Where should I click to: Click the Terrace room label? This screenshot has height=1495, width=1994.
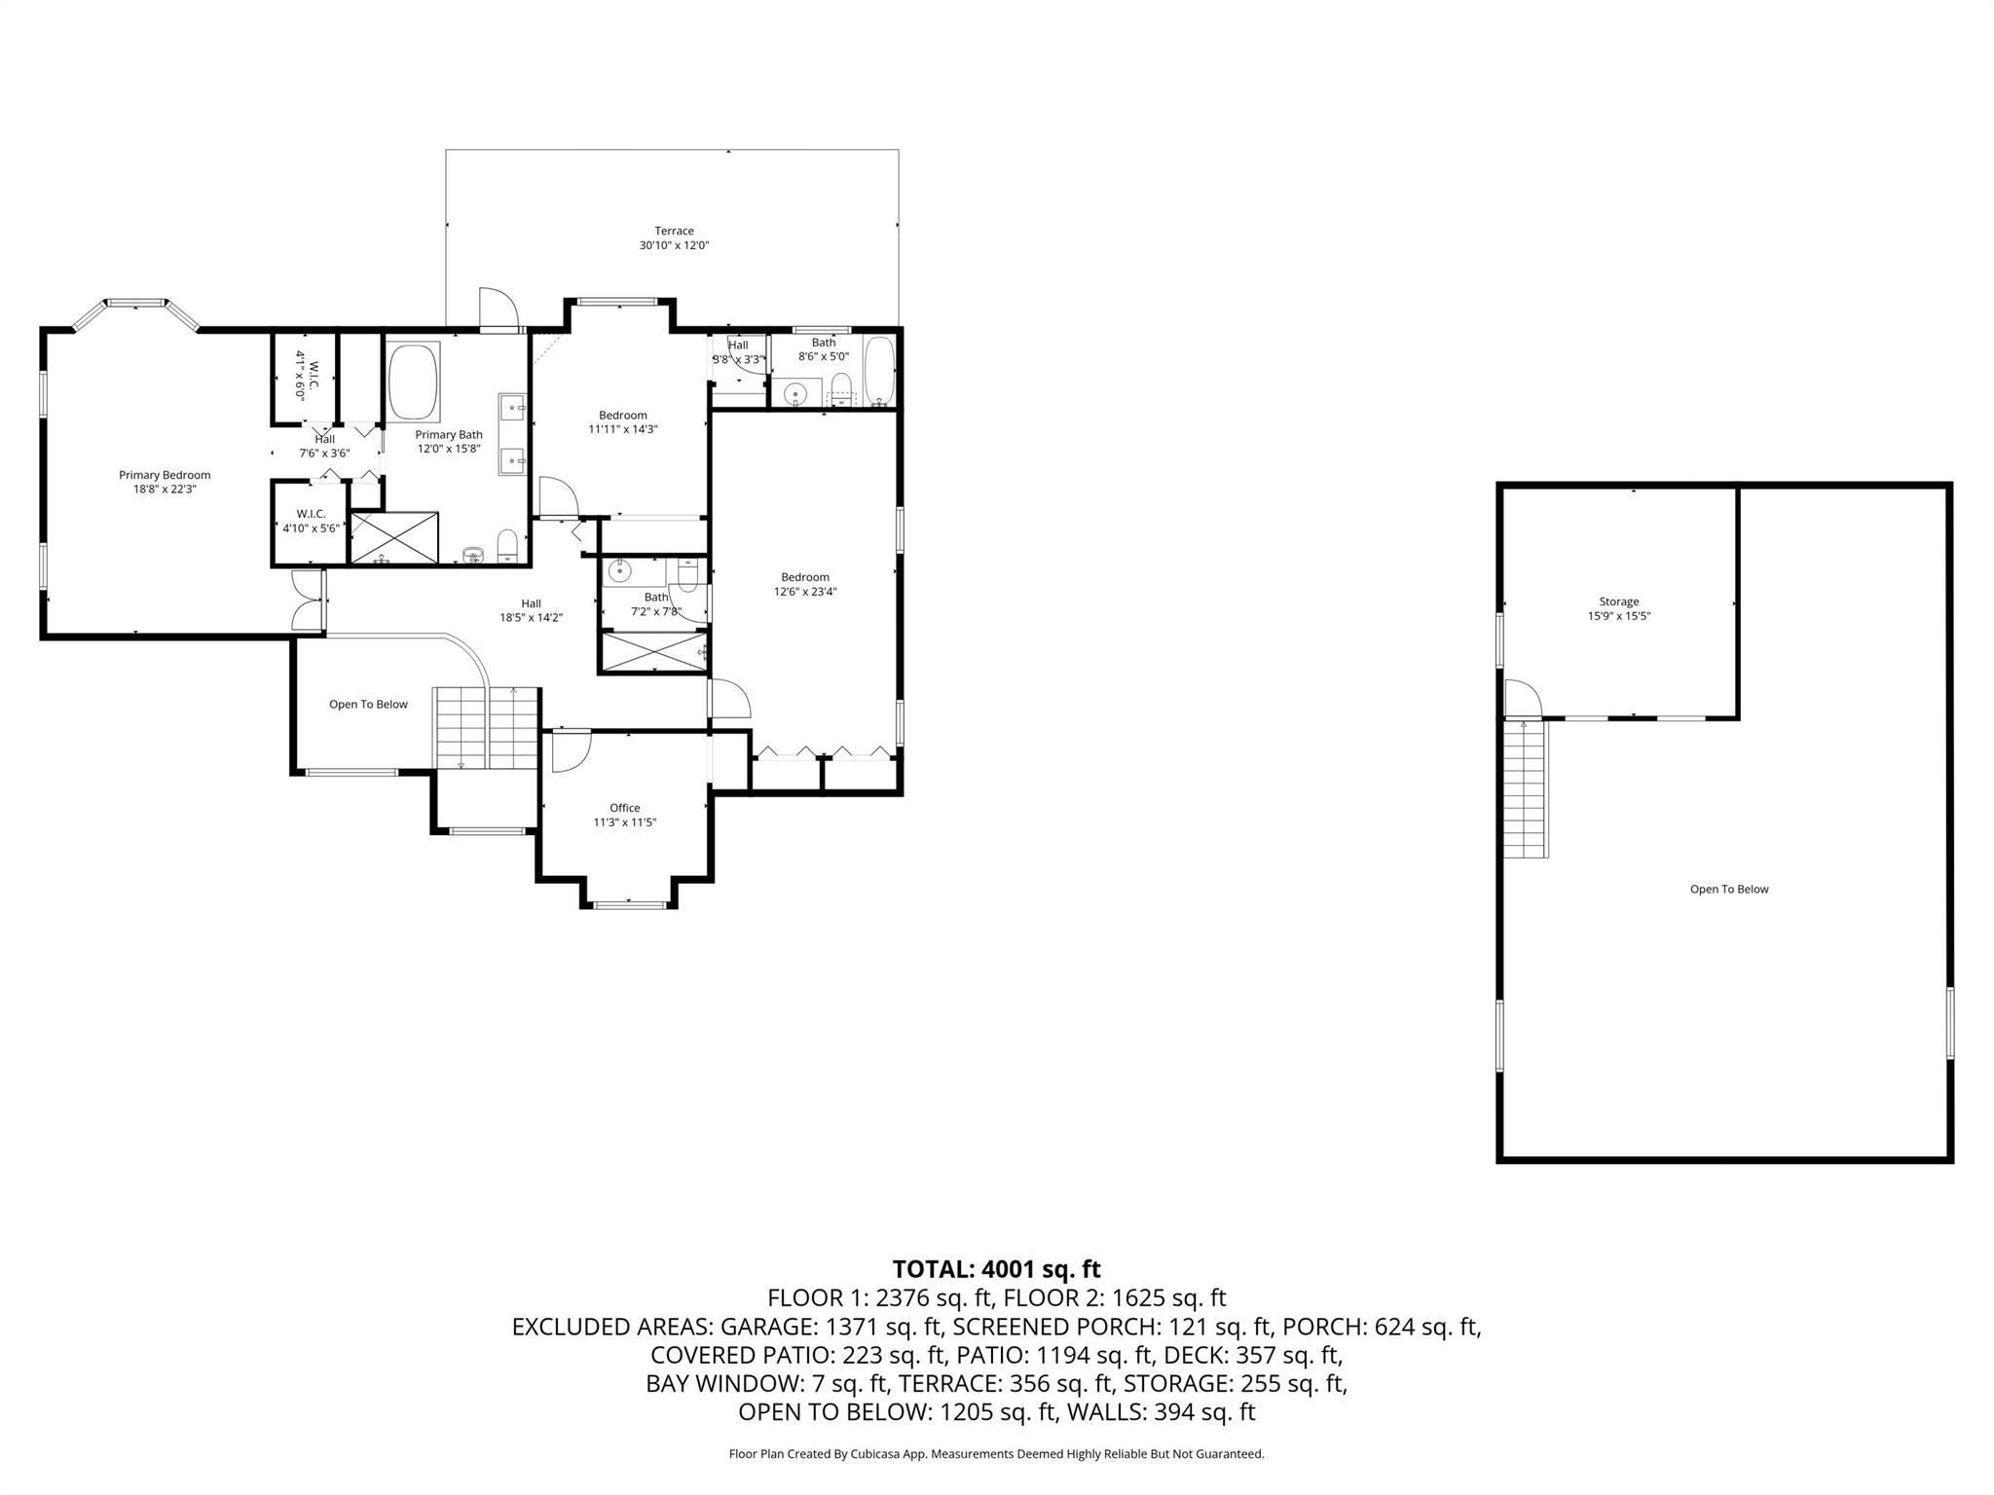[x=674, y=231]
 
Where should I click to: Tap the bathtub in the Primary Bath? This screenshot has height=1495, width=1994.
[x=414, y=380]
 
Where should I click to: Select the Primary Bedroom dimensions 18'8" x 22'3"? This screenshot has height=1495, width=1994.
[x=166, y=490]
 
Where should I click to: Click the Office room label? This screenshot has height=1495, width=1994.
[x=625, y=808]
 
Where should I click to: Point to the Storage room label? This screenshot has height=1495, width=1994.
[x=1619, y=602]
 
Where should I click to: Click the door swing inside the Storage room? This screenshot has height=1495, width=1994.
[x=1521, y=698]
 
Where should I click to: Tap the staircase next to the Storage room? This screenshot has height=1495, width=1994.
[x=1526, y=788]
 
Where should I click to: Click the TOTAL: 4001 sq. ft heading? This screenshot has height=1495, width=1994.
[x=996, y=1269]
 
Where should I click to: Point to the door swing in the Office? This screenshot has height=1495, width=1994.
[x=570, y=750]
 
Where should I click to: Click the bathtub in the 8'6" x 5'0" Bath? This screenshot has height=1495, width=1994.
[x=879, y=373]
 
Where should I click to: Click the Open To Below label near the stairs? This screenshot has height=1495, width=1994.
[x=368, y=704]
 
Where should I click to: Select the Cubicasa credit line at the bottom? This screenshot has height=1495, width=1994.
[x=996, y=1454]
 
